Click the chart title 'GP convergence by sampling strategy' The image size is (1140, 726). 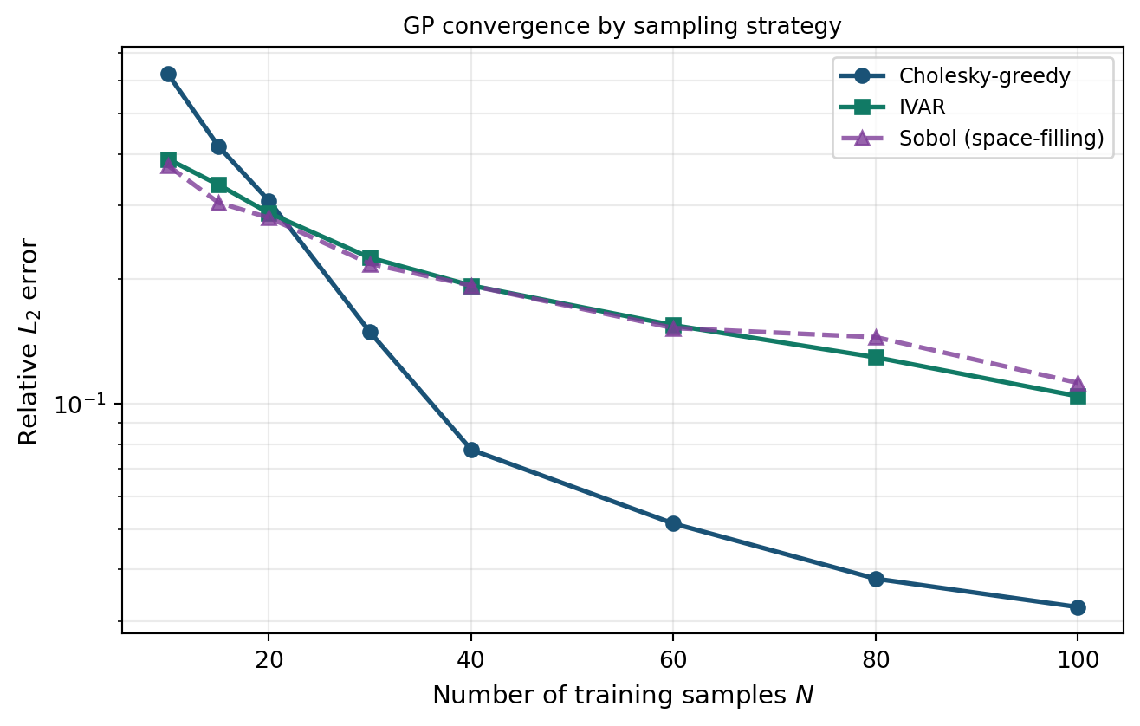pyautogui.click(x=622, y=27)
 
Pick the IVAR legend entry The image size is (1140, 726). pyautogui.click(x=922, y=107)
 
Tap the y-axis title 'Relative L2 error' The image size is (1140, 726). pyautogui.click(x=29, y=340)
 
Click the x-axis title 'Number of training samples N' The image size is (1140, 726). pyautogui.click(x=622, y=695)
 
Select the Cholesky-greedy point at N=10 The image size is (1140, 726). pyautogui.click(x=168, y=75)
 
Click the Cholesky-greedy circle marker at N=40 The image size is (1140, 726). pyautogui.click(x=471, y=450)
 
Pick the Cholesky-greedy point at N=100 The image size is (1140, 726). pyautogui.click(x=1078, y=607)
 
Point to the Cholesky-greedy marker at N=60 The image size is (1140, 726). pyautogui.click(x=673, y=523)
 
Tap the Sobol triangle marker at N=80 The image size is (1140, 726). pyautogui.click(x=876, y=337)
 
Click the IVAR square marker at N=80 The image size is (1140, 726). pyautogui.click(x=876, y=357)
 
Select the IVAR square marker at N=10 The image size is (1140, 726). pyautogui.click(x=168, y=159)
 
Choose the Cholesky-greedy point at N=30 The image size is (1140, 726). pyautogui.click(x=370, y=332)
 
